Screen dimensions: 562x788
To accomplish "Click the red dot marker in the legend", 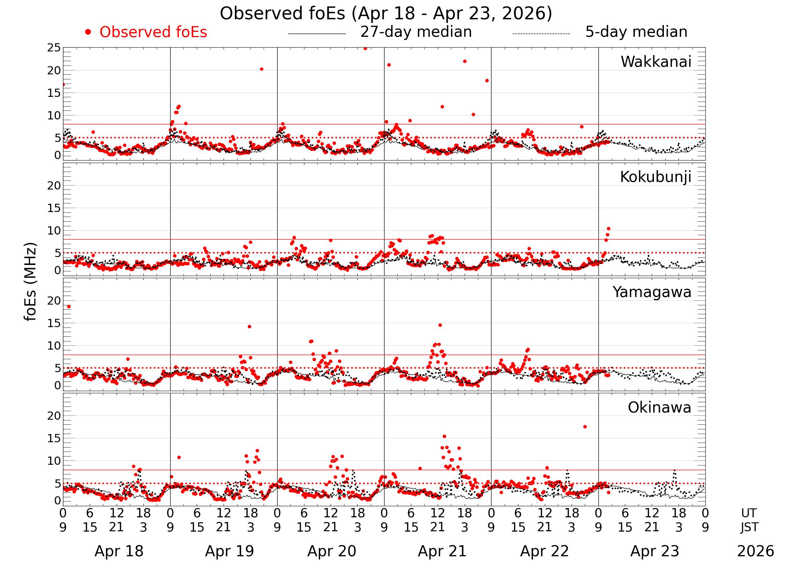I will click(x=88, y=32).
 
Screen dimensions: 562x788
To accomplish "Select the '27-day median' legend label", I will click(x=416, y=32).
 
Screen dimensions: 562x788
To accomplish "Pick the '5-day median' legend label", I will click(x=636, y=32).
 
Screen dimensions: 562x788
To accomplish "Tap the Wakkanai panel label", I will click(x=656, y=62).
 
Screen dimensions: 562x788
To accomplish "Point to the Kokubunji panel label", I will click(x=655, y=177).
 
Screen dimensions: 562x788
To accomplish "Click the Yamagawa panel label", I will click(x=652, y=292).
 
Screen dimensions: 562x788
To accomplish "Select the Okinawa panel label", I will click(x=659, y=408).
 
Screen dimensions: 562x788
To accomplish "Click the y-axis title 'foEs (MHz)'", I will click(x=31, y=282).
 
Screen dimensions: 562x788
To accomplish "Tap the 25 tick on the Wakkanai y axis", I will click(x=54, y=48).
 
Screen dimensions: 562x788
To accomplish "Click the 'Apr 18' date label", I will click(x=119, y=551).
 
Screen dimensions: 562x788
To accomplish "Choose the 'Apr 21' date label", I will click(x=442, y=551).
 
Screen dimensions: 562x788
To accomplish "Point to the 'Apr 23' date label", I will click(x=655, y=551).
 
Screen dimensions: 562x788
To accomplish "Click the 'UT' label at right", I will click(x=749, y=513).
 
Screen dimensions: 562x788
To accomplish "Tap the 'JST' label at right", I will click(x=749, y=527).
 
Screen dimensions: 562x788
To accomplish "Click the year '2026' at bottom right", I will click(x=755, y=551).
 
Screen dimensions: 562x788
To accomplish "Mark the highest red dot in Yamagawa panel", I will click(x=69, y=306).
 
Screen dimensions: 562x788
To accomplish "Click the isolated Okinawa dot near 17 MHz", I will click(x=585, y=427).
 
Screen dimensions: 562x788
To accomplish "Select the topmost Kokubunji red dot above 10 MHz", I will click(x=608, y=228).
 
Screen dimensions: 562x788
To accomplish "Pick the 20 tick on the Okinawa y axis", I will click(x=54, y=416).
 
